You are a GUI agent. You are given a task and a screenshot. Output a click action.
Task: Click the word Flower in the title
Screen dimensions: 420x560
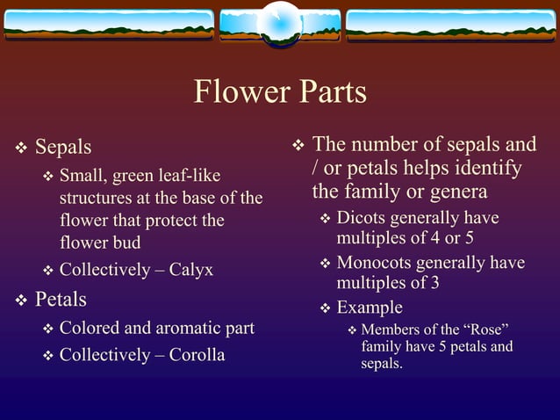click(233, 92)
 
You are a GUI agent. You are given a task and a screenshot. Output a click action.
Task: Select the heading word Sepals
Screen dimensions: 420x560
click(63, 146)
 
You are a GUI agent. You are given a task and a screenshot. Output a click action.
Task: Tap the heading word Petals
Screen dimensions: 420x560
click(61, 300)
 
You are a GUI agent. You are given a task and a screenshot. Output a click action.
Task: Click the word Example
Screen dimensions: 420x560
click(370, 308)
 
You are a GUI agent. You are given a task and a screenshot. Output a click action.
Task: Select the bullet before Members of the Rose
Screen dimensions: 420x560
click(352, 330)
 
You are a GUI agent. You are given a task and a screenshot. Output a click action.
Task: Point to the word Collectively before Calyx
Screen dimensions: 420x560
click(104, 270)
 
